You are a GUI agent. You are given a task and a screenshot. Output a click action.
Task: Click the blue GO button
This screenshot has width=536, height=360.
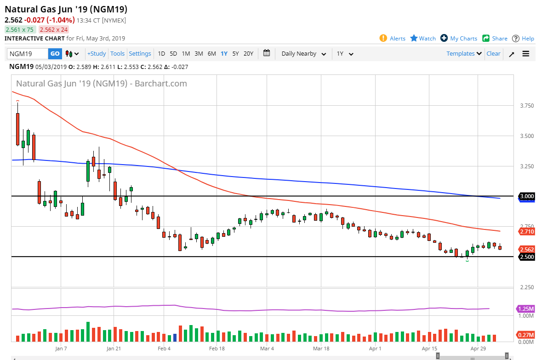[55, 54]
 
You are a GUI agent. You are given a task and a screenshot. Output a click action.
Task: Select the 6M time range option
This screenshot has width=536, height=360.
[211, 54]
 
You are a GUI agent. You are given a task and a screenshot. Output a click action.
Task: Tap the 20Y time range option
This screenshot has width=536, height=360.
[248, 54]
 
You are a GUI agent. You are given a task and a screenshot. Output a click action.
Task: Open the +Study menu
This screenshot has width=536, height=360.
[97, 54]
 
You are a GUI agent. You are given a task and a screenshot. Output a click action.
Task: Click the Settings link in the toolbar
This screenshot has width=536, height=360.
[140, 54]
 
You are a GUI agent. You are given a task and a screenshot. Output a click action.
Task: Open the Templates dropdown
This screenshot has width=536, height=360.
[464, 54]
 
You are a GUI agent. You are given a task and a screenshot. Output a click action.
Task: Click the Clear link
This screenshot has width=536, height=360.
[493, 54]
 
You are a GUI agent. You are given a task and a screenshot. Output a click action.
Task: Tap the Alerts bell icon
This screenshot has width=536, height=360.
[383, 38]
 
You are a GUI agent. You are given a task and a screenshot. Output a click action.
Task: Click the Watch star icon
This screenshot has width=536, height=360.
[414, 38]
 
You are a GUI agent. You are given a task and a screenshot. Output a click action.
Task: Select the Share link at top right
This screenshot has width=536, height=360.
[499, 39]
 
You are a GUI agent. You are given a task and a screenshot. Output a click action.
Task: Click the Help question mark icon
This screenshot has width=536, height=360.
[516, 39]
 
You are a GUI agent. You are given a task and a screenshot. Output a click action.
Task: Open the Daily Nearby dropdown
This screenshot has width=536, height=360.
[303, 54]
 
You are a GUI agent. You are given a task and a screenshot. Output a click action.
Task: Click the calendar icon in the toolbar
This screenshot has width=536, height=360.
[267, 53]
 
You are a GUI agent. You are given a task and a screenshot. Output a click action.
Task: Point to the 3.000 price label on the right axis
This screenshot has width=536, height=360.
[526, 196]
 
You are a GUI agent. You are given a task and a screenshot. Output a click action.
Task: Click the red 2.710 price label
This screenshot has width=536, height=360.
[526, 232]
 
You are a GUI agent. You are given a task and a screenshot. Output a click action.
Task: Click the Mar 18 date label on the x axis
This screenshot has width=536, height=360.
[321, 349]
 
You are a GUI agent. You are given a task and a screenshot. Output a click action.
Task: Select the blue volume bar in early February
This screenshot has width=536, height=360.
[175, 337]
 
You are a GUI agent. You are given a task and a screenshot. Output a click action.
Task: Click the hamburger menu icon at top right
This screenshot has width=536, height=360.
[526, 54]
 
